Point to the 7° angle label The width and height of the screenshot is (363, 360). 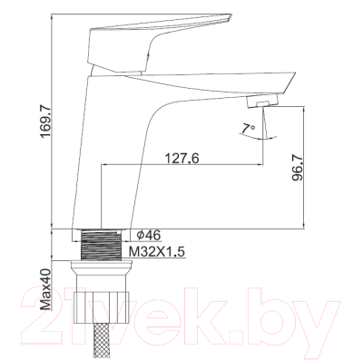pyautogui.click(x=248, y=128)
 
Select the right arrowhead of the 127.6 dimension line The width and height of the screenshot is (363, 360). pyautogui.click(x=261, y=166)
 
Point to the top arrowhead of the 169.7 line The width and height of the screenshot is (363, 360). pyautogui.click(x=53, y=15)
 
